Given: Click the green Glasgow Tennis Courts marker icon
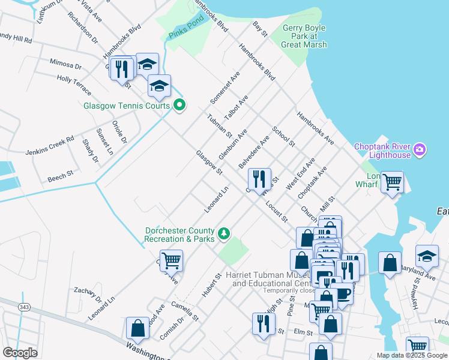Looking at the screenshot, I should tap(179, 106).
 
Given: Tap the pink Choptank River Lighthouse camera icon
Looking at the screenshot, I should tap(420, 149).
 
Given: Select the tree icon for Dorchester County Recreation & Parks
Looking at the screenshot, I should tap(224, 233).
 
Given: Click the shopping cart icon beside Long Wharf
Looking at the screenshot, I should tap(392, 181).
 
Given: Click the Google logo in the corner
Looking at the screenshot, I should tap(20, 353).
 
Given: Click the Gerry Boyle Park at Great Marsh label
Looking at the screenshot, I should tap(305, 36).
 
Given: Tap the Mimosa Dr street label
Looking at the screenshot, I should tap(65, 64).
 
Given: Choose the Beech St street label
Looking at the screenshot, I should tap(60, 176).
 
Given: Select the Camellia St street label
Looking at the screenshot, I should tap(184, 310).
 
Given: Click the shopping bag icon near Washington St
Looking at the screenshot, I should tap(137, 328).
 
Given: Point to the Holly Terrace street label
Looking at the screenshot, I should tap(74, 85).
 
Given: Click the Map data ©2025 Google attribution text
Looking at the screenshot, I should tap(411, 355).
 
